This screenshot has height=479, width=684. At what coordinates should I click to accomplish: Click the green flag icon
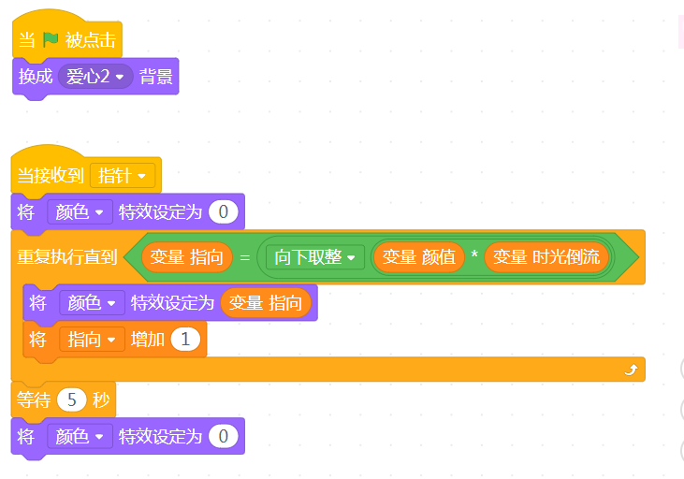pyautogui.click(x=51, y=39)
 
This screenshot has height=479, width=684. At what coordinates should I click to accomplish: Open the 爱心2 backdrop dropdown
pyautogui.click(x=95, y=77)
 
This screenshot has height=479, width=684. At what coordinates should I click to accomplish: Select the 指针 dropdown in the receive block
pyautogui.click(x=123, y=176)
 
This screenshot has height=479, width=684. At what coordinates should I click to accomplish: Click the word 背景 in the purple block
pyautogui.click(x=155, y=77)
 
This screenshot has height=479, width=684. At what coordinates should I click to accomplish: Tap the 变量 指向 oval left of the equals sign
pyautogui.click(x=187, y=257)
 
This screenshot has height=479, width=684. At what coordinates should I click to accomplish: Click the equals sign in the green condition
pyautogui.click(x=245, y=258)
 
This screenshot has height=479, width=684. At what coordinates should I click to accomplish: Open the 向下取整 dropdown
pyautogui.click(x=315, y=257)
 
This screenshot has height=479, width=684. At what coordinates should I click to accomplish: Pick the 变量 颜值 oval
pyautogui.click(x=419, y=257)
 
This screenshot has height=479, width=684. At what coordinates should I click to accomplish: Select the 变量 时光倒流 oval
pyautogui.click(x=546, y=257)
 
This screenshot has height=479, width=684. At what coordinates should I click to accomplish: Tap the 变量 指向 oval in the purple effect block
pyautogui.click(x=266, y=303)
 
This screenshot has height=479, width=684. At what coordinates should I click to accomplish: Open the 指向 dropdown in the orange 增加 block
pyautogui.click(x=92, y=340)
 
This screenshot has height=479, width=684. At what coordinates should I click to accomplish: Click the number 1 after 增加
pyautogui.click(x=185, y=340)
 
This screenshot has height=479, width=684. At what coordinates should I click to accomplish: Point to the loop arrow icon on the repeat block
pyautogui.click(x=631, y=370)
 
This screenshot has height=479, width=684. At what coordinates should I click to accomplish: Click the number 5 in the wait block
pyautogui.click(x=71, y=399)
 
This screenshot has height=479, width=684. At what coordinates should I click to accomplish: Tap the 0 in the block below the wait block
pyautogui.click(x=223, y=436)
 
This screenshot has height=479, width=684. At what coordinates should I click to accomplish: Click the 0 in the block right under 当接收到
pyautogui.click(x=223, y=212)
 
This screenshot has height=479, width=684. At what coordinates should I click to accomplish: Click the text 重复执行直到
pyautogui.click(x=67, y=257)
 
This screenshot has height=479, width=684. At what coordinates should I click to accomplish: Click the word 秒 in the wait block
pyautogui.click(x=101, y=399)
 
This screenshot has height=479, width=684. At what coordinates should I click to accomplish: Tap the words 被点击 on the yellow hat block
pyautogui.click(x=91, y=40)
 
